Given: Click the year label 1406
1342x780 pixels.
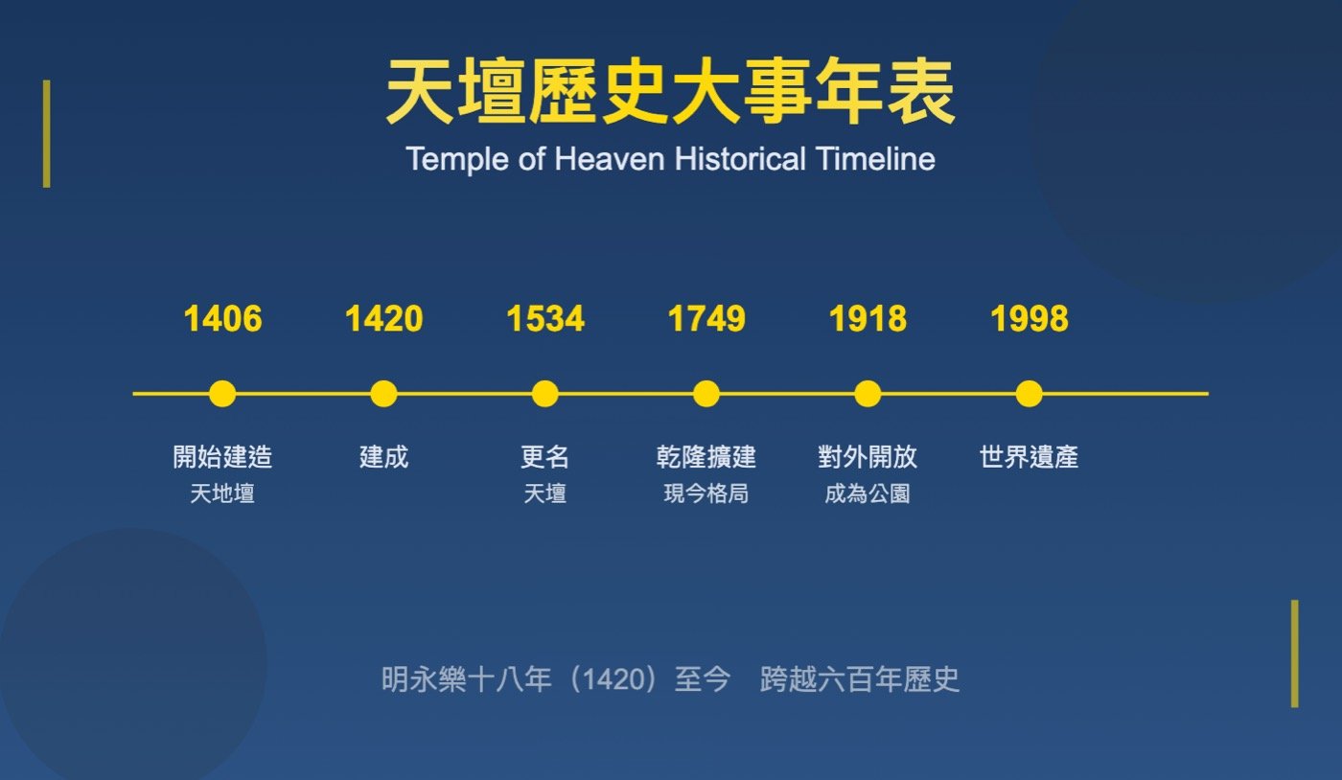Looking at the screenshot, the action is pyautogui.click(x=222, y=318).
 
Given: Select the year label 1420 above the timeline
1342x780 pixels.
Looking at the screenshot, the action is pyautogui.click(x=384, y=318).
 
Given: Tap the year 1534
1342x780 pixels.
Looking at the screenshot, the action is pyautogui.click(x=545, y=318).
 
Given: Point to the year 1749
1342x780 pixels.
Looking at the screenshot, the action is pyautogui.click(x=706, y=318).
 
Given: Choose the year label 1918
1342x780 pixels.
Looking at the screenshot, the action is pyautogui.click(x=868, y=318).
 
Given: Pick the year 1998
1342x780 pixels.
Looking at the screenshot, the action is pyautogui.click(x=1030, y=318).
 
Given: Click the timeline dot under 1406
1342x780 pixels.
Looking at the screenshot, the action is pyautogui.click(x=222, y=394).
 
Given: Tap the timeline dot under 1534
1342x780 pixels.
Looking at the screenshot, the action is pyautogui.click(x=545, y=394).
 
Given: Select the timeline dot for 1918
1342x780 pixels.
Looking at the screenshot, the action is pyautogui.click(x=868, y=394).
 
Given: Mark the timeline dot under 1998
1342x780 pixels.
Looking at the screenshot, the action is pyautogui.click(x=1030, y=394).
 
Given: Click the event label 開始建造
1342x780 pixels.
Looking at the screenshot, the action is pyautogui.click(x=222, y=457).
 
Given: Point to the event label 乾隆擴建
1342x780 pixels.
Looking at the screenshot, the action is pyautogui.click(x=706, y=457).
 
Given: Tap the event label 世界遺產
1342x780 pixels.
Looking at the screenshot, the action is pyautogui.click(x=1030, y=457).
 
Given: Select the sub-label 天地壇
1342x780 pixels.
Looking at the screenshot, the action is pyautogui.click(x=222, y=493).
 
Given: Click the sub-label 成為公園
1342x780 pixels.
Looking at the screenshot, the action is pyautogui.click(x=868, y=493).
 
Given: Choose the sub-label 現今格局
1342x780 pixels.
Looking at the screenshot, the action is pyautogui.click(x=706, y=493).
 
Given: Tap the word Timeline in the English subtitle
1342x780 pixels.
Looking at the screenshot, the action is pyautogui.click(x=875, y=159).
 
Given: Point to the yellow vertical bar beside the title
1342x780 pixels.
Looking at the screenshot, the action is pyautogui.click(x=47, y=133).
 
